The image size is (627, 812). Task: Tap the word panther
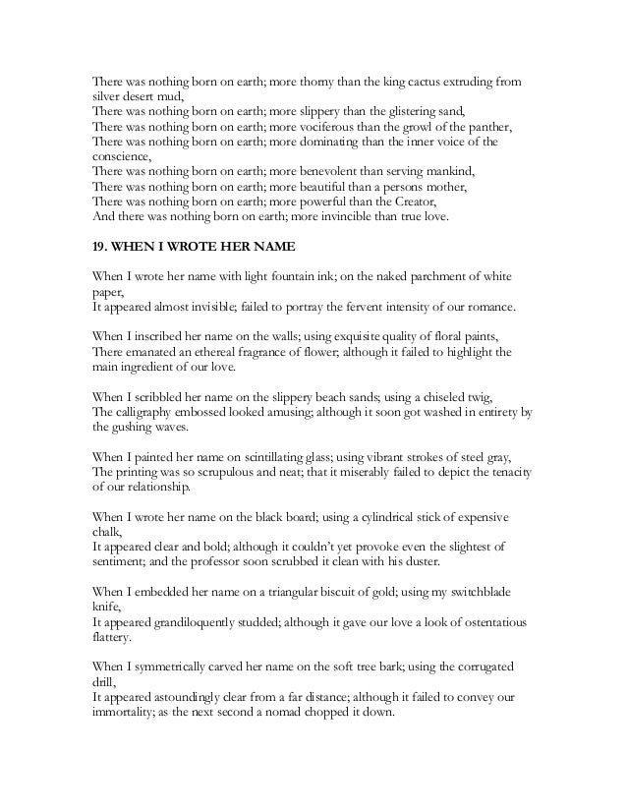(489, 128)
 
